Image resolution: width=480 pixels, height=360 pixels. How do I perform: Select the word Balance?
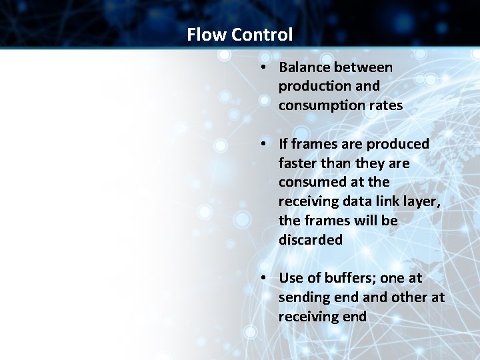(x=305, y=67)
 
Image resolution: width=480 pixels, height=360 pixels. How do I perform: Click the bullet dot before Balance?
(x=265, y=68)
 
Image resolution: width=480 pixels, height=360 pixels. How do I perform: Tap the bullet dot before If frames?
(x=265, y=144)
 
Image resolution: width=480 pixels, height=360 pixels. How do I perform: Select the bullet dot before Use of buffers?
(x=265, y=278)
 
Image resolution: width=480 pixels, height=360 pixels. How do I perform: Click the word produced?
(x=397, y=144)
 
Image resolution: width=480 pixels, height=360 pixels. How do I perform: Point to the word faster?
(x=299, y=163)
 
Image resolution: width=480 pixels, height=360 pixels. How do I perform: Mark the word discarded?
(x=311, y=240)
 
